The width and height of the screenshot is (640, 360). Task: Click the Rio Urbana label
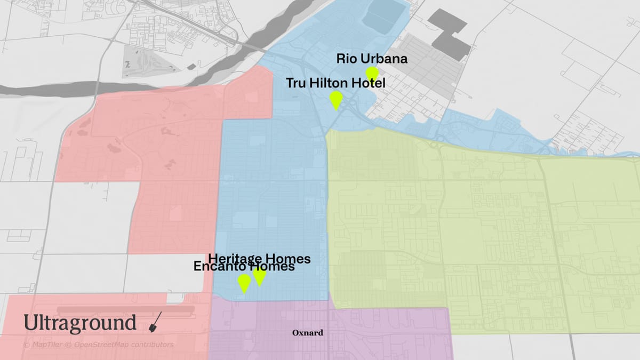[x=372, y=59]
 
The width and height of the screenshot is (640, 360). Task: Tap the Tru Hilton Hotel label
[x=335, y=83]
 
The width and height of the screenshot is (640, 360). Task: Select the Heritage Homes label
[x=259, y=259]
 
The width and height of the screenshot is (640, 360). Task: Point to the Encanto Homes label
[x=244, y=267]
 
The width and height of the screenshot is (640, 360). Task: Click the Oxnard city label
[x=308, y=333]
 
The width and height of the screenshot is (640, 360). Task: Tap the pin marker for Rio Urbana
[x=372, y=74]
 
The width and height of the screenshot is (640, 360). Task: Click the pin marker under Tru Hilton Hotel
[x=335, y=99]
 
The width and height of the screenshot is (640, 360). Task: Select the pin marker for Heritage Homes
[x=260, y=276]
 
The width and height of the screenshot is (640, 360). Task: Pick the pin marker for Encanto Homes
[x=244, y=283]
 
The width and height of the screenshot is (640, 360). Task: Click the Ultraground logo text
[x=80, y=323]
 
